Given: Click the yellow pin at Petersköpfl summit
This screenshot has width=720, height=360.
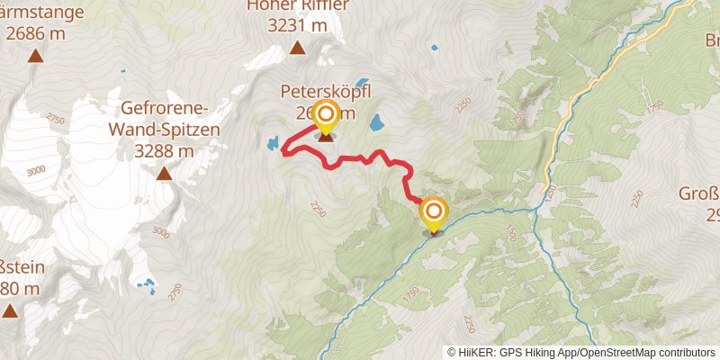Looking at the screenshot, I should pyautogui.click(x=325, y=114).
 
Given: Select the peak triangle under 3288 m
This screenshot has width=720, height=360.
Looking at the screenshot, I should pyautogui.click(x=165, y=173).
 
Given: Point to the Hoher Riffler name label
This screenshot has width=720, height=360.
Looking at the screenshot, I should pyautogui.click(x=298, y=8).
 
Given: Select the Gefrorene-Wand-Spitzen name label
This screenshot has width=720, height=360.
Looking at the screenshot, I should pyautogui.click(x=164, y=120).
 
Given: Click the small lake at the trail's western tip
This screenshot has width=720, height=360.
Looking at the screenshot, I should pyautogui.click(x=271, y=142).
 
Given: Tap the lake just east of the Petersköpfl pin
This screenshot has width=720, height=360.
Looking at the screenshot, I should pyautogui.click(x=377, y=120).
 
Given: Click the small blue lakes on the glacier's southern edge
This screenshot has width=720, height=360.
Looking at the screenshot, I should pyautogui.click(x=146, y=285).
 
